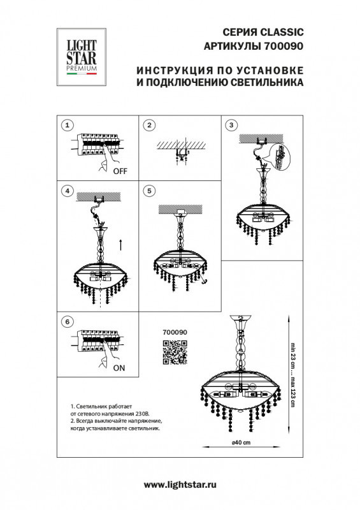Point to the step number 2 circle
tap(149, 126)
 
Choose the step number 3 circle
tap(231, 126)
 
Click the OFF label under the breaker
tap(120, 171)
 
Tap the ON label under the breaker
tap(120, 368)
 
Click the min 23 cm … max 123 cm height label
tap(294, 376)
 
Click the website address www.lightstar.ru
tap(180, 485)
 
